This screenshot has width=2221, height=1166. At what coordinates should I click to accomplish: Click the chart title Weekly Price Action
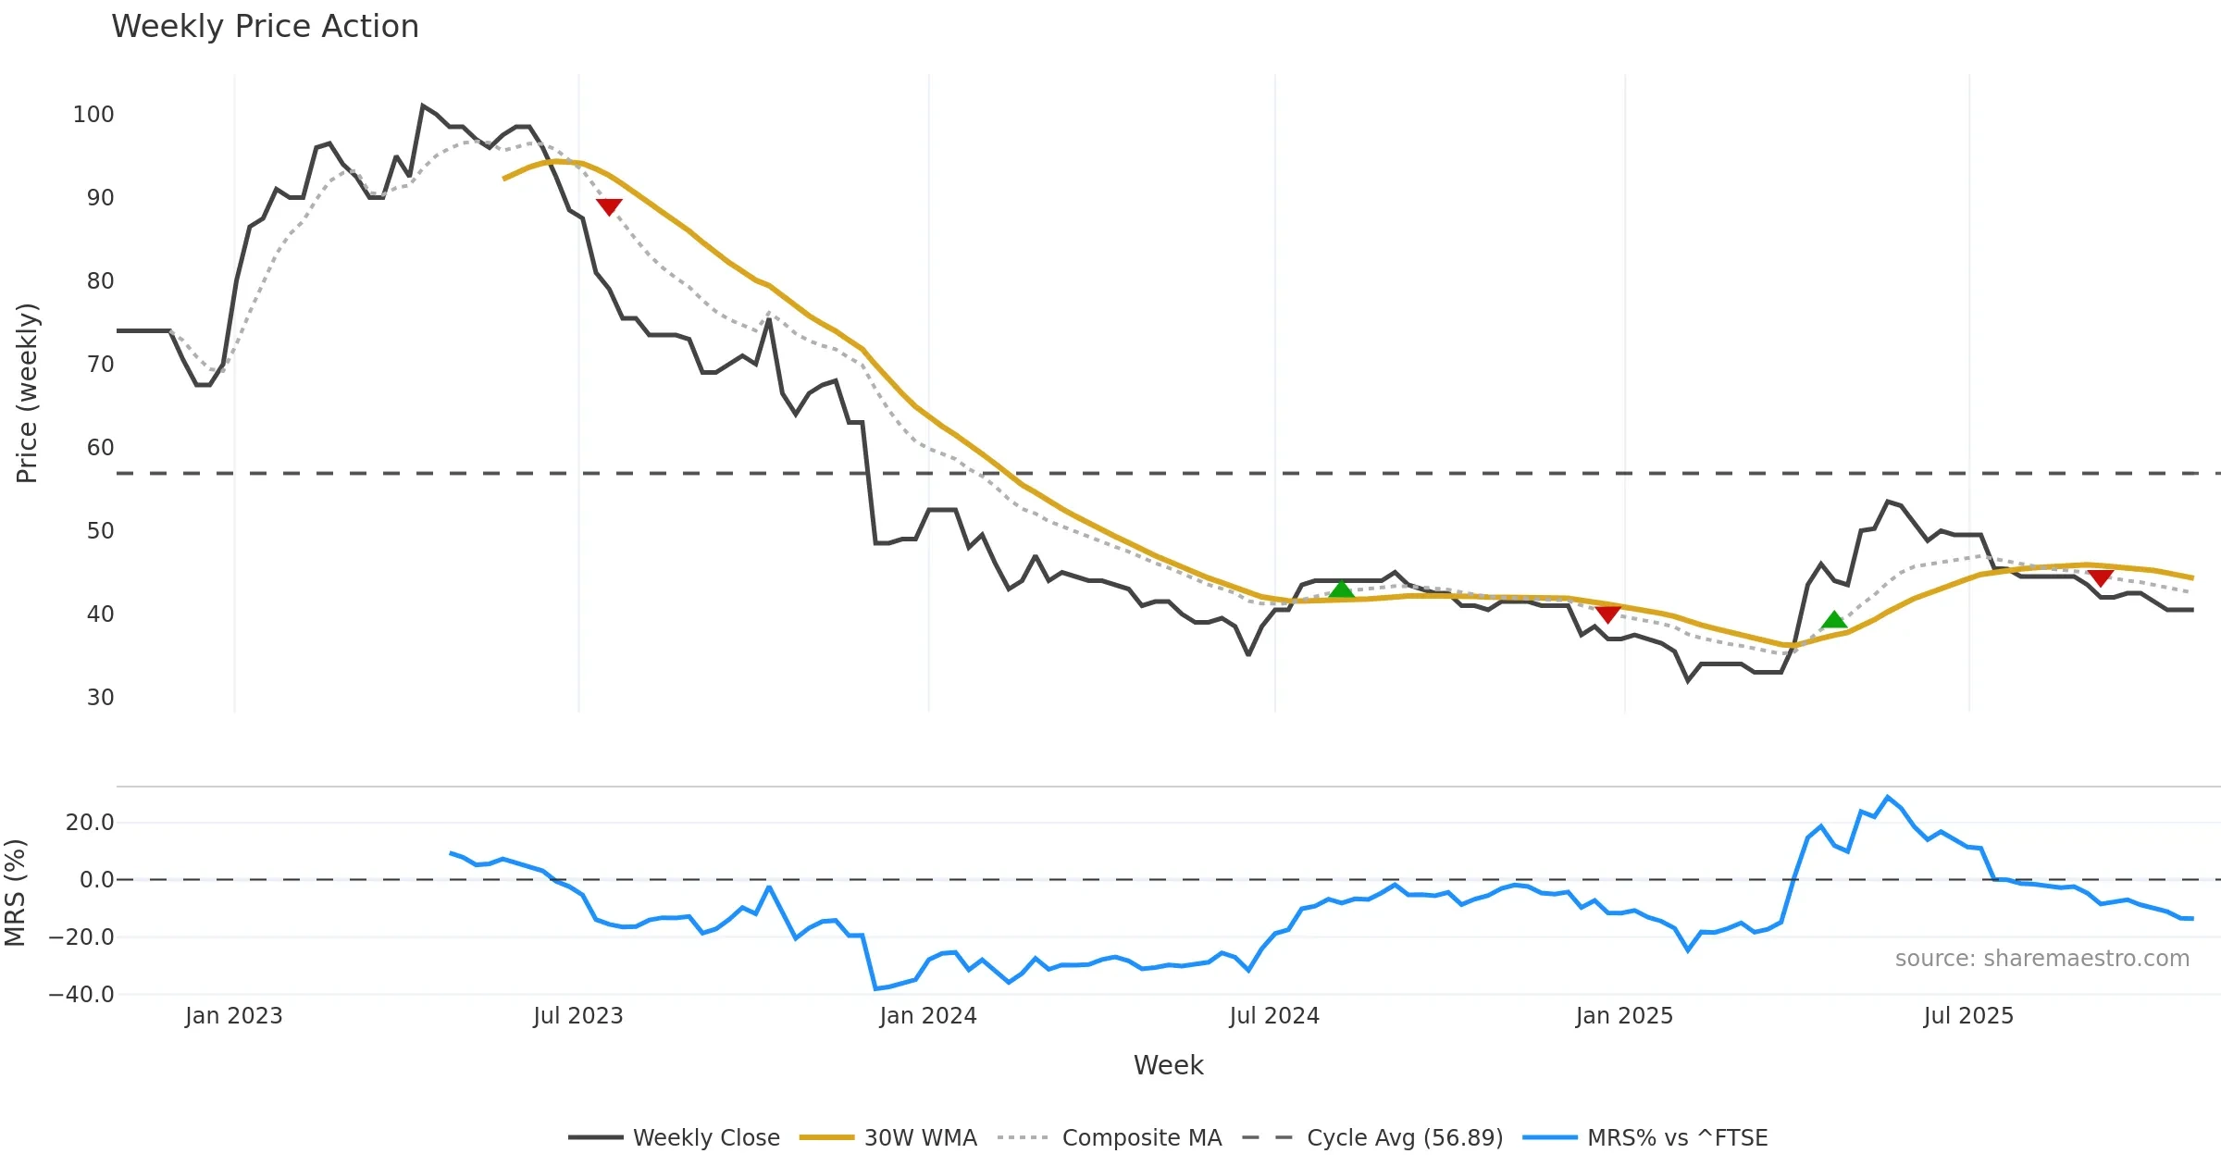(265, 27)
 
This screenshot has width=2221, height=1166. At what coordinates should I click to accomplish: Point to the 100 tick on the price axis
(93, 115)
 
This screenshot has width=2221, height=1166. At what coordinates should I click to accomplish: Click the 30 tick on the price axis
(100, 698)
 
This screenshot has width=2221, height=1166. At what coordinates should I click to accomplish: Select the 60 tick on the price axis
(100, 448)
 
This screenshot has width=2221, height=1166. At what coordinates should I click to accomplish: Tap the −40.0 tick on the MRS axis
(81, 995)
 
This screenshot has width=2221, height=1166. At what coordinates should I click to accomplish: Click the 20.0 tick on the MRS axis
(90, 823)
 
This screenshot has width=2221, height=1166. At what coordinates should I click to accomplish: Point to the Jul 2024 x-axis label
(1274, 1016)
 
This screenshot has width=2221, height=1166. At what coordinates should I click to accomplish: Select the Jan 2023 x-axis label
(233, 1016)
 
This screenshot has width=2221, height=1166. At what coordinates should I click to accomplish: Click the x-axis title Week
(1168, 1066)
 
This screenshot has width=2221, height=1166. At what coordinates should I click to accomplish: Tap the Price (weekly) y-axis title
(27, 393)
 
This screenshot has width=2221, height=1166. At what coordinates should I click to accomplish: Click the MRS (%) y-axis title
(15, 893)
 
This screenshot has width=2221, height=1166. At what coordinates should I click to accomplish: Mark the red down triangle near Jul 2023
(609, 206)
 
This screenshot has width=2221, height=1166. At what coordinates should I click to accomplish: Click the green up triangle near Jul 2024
(1341, 589)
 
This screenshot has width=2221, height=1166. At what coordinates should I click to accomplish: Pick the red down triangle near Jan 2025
(1608, 614)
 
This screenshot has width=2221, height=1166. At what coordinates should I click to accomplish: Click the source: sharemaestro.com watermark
(2041, 959)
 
